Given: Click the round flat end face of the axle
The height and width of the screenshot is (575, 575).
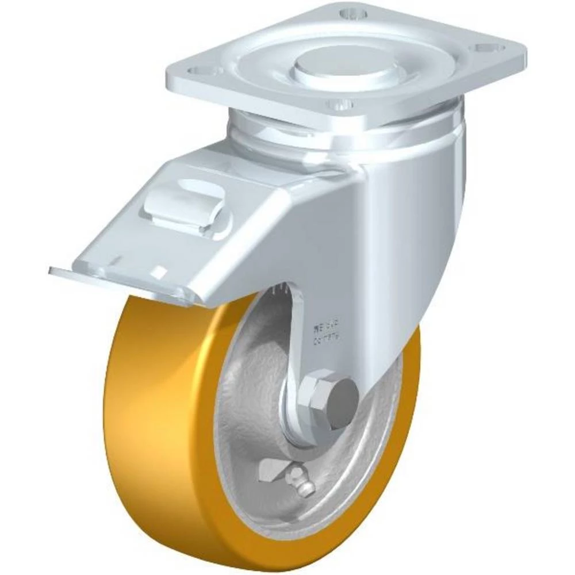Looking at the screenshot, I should click(x=342, y=397).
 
